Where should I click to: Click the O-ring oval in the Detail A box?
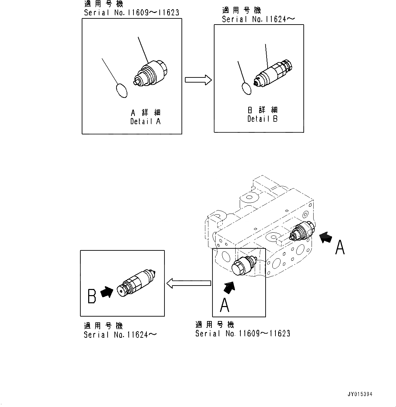point(121,90)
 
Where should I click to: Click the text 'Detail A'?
point(145,121)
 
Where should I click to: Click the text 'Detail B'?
point(262,119)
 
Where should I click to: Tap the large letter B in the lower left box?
point(92,296)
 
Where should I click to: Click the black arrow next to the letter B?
point(107,292)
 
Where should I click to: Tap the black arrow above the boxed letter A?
point(229,288)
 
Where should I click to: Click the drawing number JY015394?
point(360,394)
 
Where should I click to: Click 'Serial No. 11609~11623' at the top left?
point(131,13)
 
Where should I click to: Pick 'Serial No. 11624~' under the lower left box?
point(120,335)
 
